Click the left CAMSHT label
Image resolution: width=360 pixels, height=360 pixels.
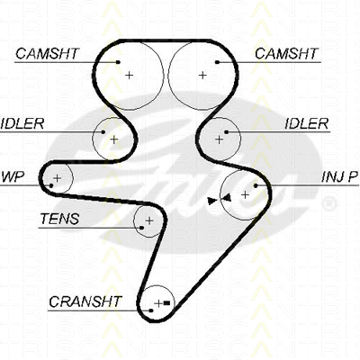pyautogui.click(x=47, y=54)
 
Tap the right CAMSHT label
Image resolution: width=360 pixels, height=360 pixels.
pyautogui.click(x=286, y=54)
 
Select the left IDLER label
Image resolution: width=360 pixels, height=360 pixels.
pyautogui.click(x=22, y=123)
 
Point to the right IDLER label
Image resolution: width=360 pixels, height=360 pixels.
pyautogui.click(x=306, y=123)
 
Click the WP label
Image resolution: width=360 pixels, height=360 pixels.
pyautogui.click(x=13, y=177)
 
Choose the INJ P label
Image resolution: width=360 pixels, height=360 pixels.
pyautogui.click(x=340, y=177)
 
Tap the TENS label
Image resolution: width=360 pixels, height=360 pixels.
pyautogui.click(x=59, y=219)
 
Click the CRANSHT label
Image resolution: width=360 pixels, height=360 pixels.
pyautogui.click(x=85, y=301)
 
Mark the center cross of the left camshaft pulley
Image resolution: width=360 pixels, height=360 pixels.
pyautogui.click(x=130, y=75)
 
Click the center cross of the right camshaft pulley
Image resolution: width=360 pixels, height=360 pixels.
pyautogui.click(x=202, y=75)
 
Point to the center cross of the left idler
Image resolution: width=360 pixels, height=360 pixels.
pyautogui.click(x=114, y=139)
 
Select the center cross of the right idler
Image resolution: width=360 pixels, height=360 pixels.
pyautogui.click(x=220, y=139)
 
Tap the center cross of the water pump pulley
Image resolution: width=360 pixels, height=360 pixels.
pyautogui.click(x=57, y=178)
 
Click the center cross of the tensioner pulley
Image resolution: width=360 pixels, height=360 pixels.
pyautogui.click(x=149, y=221)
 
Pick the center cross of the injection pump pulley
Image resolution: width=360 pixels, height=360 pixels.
pyautogui.click(x=246, y=195)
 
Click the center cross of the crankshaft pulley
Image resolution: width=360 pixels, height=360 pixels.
pyautogui.click(x=158, y=303)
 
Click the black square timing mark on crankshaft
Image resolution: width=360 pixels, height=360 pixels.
pyautogui.click(x=167, y=303)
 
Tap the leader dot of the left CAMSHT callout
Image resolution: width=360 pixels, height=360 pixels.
pyautogui.click(x=118, y=62)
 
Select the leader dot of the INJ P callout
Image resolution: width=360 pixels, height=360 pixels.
pyautogui.click(x=256, y=185)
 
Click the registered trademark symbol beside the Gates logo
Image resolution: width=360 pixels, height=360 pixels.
pyautogui.click(x=328, y=203)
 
